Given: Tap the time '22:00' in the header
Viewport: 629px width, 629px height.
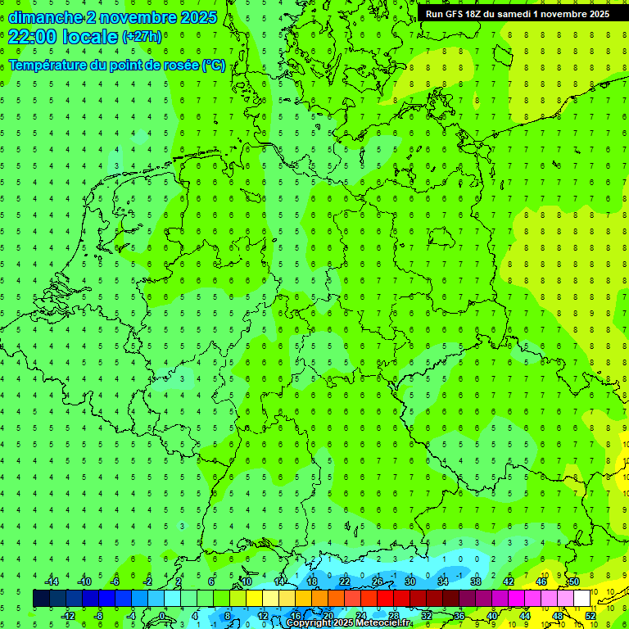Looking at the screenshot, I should pos(32,36).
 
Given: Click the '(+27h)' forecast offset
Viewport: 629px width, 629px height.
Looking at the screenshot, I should pos(142,37).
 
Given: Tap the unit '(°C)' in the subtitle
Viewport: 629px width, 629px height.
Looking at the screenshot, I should pos(214,66).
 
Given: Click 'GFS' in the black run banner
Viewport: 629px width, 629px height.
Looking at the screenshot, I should pos(455,14).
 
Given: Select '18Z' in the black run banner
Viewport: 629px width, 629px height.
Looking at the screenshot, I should pos(475,14).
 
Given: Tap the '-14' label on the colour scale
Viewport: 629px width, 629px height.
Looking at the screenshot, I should pos(52,581).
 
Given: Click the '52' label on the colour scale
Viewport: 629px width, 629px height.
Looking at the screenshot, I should pos(590,616).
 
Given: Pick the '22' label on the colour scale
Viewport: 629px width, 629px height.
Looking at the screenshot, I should pos(345,581).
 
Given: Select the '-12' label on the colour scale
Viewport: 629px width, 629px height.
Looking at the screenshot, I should pos(68,616).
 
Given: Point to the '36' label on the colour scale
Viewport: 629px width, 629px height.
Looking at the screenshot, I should pos(459,616).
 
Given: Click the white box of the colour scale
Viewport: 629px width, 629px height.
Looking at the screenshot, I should pos(581,599).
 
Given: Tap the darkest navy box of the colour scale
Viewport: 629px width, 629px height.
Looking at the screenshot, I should pos(41,599).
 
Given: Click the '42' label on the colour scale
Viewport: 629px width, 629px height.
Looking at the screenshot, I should pos(509,581).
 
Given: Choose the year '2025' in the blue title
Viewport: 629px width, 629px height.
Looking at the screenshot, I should pos(197,18).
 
